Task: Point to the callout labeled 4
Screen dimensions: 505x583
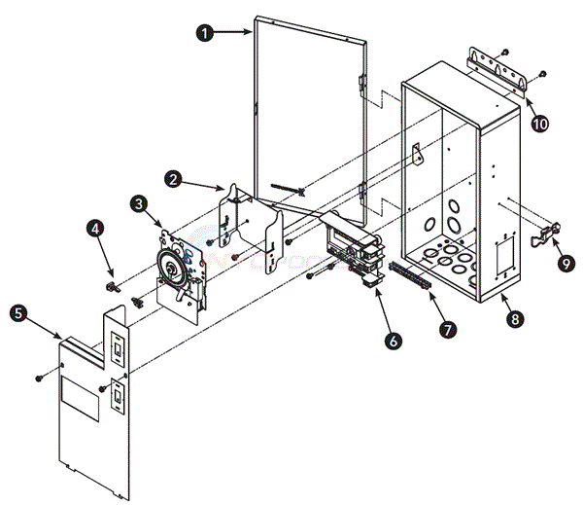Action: [x=94, y=230]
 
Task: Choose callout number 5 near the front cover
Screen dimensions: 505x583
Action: [x=17, y=313]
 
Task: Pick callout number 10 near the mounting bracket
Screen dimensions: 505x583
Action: [x=539, y=125]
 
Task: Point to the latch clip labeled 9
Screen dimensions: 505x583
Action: [x=549, y=232]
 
